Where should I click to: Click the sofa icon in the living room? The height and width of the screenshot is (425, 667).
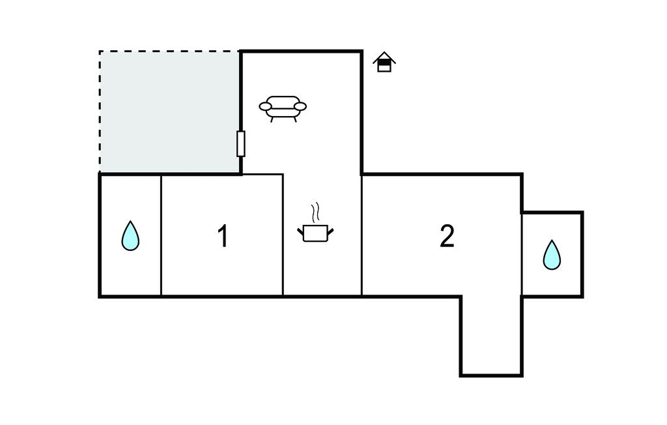pos(283,108)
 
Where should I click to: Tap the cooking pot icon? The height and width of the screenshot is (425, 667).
pos(316,233)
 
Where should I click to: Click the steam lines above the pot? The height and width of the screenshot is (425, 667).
pos(316,212)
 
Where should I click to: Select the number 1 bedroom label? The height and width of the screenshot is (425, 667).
pos(223,237)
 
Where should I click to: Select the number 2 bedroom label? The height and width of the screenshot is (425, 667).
pos(447,237)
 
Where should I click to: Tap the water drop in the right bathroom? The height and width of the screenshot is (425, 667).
pos(552,255)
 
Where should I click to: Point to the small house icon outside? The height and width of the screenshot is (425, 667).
pos(384,62)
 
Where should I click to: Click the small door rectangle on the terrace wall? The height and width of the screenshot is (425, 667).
pos(241,143)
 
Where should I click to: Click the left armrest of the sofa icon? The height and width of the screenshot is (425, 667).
pos(265,106)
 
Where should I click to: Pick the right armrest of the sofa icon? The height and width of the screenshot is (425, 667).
pos(300,106)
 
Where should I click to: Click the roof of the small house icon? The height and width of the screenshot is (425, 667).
pos(384,57)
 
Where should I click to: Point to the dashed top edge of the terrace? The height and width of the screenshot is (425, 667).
pos(169,51)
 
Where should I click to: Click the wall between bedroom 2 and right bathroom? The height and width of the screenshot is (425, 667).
pos(522,254)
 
